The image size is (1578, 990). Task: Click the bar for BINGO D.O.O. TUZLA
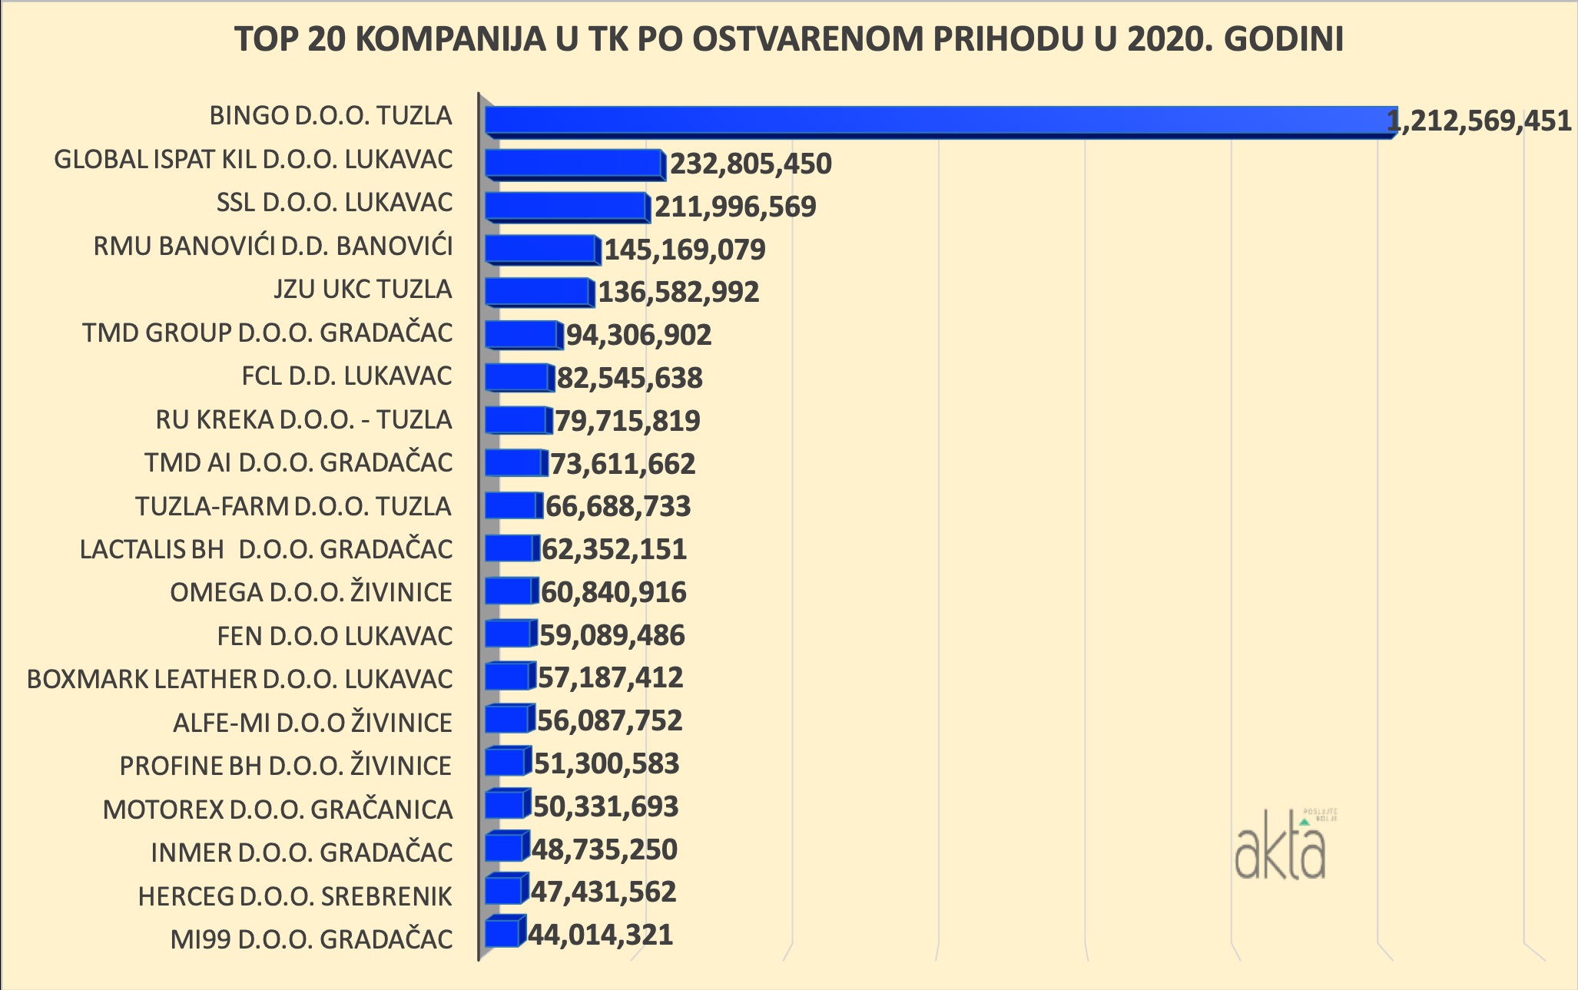937,121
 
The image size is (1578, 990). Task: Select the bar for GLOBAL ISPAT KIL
574,164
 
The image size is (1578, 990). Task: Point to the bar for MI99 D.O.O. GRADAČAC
503,934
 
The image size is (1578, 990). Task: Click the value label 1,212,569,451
1480,121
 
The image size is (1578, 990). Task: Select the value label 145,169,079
685,250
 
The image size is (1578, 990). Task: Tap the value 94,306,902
639,335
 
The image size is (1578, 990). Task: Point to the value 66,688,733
618,507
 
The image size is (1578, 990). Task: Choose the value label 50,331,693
606,806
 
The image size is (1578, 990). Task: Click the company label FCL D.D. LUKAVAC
346,376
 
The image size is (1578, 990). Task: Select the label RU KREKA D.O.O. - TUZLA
303,420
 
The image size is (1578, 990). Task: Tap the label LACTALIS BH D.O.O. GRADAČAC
266,550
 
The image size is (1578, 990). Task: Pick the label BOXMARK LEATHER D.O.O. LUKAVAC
240,680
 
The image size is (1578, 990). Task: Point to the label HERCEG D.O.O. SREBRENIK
295,896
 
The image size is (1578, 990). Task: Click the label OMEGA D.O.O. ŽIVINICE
311,593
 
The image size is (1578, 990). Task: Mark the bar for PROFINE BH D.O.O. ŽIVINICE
506,763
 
